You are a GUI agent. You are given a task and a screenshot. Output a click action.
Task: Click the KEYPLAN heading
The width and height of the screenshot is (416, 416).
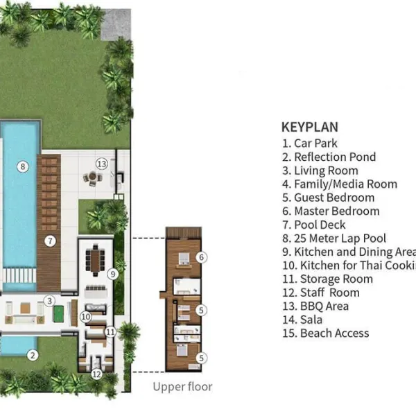(x=309, y=127)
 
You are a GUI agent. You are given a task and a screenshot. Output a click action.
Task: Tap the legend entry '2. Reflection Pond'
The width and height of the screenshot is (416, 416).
(x=329, y=157)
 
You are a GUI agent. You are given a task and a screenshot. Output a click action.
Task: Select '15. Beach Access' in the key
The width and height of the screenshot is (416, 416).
(x=325, y=333)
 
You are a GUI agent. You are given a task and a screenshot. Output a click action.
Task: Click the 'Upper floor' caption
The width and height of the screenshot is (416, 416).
(x=183, y=387)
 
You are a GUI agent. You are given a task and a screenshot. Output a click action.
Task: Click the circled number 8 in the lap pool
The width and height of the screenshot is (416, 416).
(x=23, y=166)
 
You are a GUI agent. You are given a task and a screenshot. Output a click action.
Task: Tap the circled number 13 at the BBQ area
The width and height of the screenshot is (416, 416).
(x=102, y=164)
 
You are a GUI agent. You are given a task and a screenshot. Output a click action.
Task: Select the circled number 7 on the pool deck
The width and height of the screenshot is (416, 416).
(x=50, y=241)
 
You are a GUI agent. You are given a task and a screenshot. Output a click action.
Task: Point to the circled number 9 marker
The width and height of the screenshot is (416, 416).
(x=112, y=274)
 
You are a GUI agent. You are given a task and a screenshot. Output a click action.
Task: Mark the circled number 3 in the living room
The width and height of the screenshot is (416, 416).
(x=49, y=301)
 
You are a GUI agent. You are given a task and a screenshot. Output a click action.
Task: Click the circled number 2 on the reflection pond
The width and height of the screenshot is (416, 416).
(x=32, y=355)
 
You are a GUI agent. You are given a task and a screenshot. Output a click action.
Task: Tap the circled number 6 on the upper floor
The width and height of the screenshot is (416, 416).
(x=201, y=257)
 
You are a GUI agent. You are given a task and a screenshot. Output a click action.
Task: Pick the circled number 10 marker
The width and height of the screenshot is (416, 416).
(x=85, y=316)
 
